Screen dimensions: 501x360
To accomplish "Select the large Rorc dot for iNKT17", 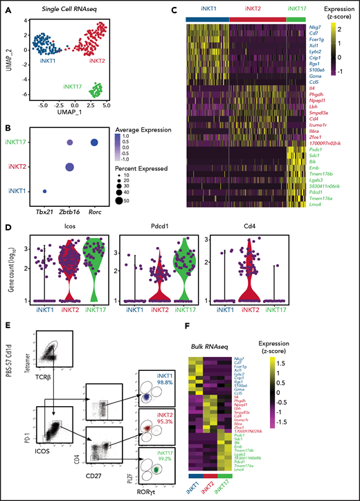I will [93, 143].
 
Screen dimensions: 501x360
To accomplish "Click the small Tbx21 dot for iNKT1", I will [45, 192].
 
